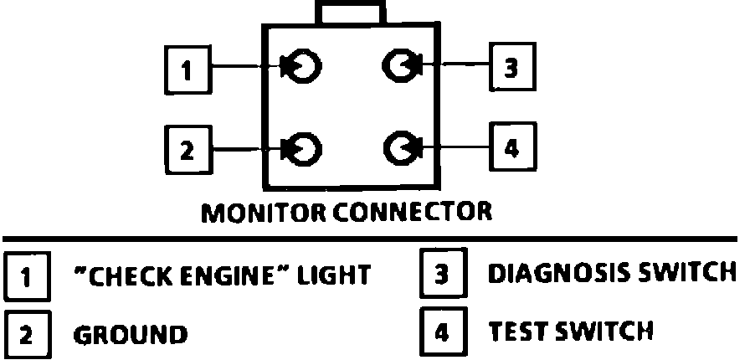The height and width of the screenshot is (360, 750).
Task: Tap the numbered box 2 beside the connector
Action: [187, 151]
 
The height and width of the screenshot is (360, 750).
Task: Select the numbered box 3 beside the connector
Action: [511, 66]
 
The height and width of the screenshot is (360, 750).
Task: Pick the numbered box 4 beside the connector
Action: [511, 148]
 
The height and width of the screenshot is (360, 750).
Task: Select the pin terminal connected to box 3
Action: [398, 64]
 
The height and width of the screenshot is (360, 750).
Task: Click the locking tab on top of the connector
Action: [350, 13]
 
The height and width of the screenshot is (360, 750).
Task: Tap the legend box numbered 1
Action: [25, 275]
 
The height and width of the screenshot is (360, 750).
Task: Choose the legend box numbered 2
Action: [25, 334]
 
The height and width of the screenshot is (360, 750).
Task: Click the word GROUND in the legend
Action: [131, 335]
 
